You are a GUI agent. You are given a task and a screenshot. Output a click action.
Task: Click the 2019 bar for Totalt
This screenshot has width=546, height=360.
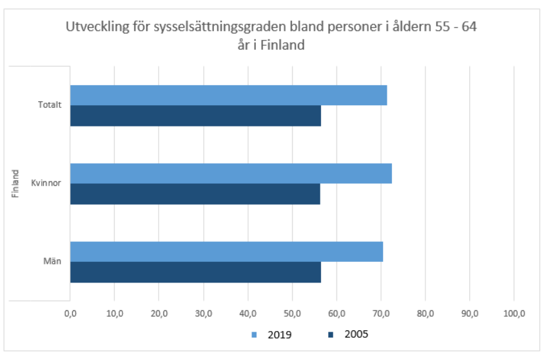pos(228,95)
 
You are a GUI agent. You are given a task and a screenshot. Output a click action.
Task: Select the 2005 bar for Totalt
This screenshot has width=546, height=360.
pos(195,116)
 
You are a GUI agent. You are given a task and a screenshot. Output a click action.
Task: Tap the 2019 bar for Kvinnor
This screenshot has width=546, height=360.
pos(231,174)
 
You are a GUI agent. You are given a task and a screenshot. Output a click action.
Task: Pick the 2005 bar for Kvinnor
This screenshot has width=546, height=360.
pos(195,194)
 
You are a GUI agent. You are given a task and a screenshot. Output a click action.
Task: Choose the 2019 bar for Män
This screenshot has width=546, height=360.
pos(226,252)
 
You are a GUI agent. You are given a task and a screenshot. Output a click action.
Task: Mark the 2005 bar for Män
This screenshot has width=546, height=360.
pos(195,272)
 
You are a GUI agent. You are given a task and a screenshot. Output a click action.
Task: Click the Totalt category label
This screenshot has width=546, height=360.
pos(50,106)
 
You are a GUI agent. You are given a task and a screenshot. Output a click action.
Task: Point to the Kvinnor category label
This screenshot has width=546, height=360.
pos(46,184)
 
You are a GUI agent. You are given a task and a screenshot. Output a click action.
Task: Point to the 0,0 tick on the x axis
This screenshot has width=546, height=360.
pos(70,314)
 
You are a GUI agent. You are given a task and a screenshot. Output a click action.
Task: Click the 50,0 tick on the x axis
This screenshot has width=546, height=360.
pos(292,314)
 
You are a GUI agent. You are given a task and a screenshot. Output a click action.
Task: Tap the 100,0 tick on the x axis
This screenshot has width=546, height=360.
pos(514,314)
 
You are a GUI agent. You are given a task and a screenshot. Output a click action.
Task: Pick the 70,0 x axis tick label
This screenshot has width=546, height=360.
pos(381,314)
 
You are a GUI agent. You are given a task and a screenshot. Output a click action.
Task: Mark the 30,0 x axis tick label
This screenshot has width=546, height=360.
pos(204,314)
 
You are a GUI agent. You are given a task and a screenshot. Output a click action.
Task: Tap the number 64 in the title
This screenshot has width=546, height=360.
pos(469,29)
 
